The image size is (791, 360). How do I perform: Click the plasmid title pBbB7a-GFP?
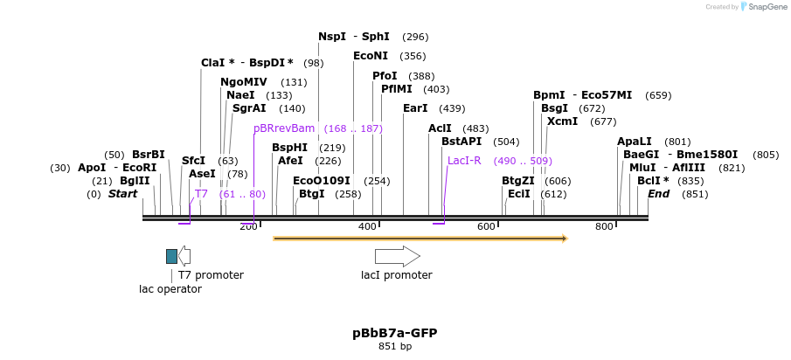tap(394, 333)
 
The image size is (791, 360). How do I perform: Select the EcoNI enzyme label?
tap(371, 56)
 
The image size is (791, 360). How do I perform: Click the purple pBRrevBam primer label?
tap(284, 128)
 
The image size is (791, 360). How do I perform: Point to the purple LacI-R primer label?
tap(464, 161)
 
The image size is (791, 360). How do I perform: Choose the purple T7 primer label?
tap(201, 194)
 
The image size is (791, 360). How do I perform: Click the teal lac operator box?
tap(171, 256)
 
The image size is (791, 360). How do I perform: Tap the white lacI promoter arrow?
tap(397, 256)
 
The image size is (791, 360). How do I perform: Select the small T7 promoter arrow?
tap(184, 256)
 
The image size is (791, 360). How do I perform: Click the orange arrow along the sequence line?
tap(420, 238)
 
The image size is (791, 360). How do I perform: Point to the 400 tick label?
tap(367, 227)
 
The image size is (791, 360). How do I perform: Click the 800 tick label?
tap(604, 227)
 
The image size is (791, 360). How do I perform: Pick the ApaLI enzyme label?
tap(635, 142)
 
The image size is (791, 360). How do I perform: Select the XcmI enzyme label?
tap(562, 121)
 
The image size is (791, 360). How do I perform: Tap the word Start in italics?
tap(123, 194)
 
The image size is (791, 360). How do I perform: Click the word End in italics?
tap(658, 194)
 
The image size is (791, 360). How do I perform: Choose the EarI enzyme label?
tap(415, 108)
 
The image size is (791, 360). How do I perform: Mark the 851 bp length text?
tap(395, 347)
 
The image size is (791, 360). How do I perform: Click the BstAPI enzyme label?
tap(461, 142)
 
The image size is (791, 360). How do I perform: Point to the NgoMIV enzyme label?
tap(244, 82)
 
